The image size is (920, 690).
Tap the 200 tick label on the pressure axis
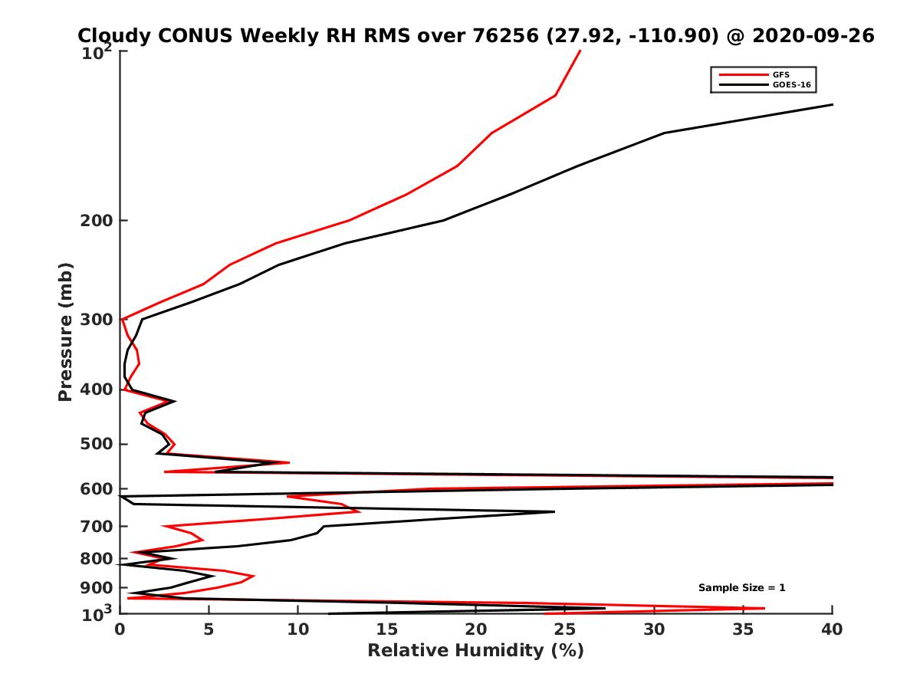97,221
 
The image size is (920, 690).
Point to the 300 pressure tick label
97,319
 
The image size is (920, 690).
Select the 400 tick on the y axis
97,389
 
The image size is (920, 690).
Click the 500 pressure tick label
97,444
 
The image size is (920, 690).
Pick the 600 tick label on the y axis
97,488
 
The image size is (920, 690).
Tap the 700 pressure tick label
97,526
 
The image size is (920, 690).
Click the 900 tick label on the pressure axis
97,587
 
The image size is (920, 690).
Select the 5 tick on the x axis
209,629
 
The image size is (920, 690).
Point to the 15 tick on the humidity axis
387,629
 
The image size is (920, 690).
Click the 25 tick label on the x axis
565,629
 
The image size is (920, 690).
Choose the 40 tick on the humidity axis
832,629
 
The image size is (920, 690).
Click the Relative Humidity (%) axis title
475,651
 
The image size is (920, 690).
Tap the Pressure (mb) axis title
65,331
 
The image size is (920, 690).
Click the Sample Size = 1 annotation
741,588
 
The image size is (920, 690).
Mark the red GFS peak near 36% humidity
764,609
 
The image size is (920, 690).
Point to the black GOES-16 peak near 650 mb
554,511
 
